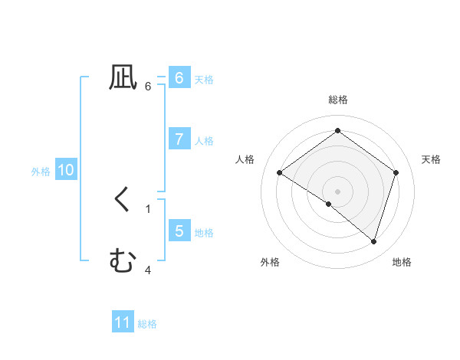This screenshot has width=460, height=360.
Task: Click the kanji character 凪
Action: point(123,78)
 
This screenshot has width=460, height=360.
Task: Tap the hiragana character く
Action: point(123,201)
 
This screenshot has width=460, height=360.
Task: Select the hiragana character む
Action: point(123,262)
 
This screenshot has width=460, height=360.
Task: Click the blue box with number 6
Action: point(179,78)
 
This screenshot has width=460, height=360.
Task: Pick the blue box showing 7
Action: point(179,139)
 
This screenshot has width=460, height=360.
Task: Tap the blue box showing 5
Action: point(179,231)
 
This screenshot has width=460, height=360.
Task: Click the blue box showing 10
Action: point(65,170)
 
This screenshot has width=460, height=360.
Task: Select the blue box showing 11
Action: point(123,322)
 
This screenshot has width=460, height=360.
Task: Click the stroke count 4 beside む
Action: point(148,270)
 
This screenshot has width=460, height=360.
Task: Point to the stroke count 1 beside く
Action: point(148,208)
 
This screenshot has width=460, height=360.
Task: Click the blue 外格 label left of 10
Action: point(41,172)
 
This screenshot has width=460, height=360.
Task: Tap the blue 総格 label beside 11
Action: point(147,324)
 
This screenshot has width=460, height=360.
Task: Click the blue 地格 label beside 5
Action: point(204,233)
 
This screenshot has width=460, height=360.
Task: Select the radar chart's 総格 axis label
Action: point(338,100)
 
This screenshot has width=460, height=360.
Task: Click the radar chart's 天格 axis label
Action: point(432,159)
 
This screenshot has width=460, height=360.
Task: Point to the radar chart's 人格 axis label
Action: point(245,159)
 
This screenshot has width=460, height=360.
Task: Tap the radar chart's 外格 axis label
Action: point(270,262)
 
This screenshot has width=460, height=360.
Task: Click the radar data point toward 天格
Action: point(396,172)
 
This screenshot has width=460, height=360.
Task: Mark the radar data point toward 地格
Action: point(373,241)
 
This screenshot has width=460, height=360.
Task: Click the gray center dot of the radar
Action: point(338,191)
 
